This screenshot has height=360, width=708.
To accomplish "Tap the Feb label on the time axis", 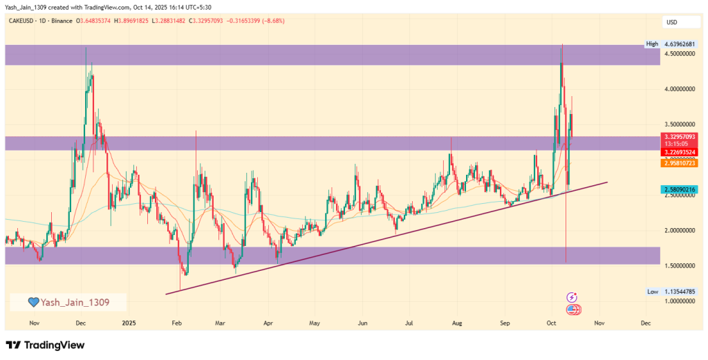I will (x=176, y=323).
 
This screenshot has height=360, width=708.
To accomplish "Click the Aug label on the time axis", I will (x=456, y=323).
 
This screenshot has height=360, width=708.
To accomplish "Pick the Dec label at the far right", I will (x=645, y=323).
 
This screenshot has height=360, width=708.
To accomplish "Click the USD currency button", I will (x=671, y=22).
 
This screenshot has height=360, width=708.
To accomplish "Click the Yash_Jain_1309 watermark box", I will (x=68, y=302).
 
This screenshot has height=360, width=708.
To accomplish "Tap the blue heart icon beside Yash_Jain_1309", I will (x=32, y=302).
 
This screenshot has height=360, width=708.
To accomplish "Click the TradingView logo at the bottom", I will (x=45, y=345).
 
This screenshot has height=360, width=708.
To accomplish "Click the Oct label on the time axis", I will (x=551, y=323).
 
